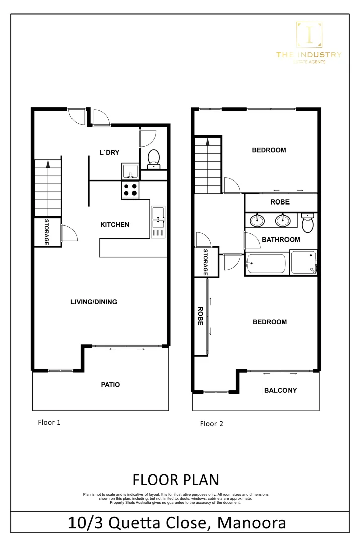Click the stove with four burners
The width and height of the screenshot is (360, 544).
(x=130, y=189)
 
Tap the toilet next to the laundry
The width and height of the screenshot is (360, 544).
(x=153, y=158)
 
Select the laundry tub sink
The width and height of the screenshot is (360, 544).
(x=130, y=171)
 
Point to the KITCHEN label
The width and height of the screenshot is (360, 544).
(x=115, y=225)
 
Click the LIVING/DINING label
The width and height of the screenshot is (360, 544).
(x=94, y=302)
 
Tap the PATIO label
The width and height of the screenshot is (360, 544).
(x=110, y=384)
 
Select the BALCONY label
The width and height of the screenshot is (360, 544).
(x=280, y=390)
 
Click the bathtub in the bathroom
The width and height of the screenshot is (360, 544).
(x=266, y=263)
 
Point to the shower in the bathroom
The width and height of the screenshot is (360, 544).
(x=304, y=262)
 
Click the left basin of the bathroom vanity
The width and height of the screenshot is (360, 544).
(x=258, y=220)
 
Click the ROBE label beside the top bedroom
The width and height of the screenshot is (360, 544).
(x=280, y=202)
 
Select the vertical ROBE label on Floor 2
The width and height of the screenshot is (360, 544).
(x=200, y=316)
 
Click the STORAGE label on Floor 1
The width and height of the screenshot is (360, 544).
(x=46, y=232)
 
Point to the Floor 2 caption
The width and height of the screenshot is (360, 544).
(x=211, y=424)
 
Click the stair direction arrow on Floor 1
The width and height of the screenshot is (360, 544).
(x=48, y=163)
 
